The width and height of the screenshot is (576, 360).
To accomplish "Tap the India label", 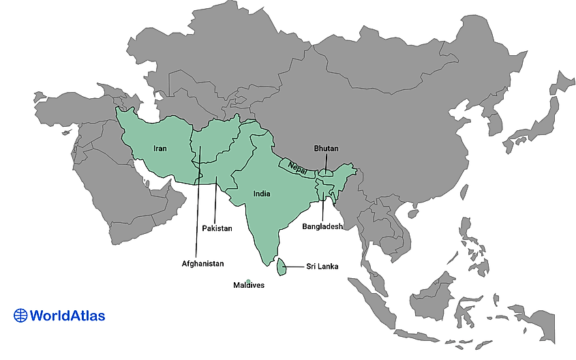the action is click(x=261, y=194).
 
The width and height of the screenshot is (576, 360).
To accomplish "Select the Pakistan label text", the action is click(x=217, y=228).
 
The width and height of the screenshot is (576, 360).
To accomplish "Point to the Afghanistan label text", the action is click(x=202, y=263).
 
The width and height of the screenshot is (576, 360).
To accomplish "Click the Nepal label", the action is click(x=297, y=166).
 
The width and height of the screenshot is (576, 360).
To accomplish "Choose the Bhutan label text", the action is click(x=326, y=148).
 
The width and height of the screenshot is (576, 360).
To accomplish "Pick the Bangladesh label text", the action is click(x=322, y=226).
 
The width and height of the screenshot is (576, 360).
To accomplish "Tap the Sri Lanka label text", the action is click(x=322, y=267).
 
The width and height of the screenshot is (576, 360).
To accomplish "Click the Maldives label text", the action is click(x=248, y=285).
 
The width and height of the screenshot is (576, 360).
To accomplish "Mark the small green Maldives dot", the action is click(x=249, y=281).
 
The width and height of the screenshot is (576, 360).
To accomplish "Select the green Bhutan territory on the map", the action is click(x=327, y=174).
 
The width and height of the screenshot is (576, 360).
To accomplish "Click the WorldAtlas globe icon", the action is click(x=21, y=315).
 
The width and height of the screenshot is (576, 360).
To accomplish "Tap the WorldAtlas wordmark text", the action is click(x=68, y=315).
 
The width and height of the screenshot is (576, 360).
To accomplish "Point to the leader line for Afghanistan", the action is click(x=198, y=205).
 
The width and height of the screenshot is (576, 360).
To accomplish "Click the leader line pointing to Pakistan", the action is click(x=215, y=201).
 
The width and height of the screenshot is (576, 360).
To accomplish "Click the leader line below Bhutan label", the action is click(x=326, y=162).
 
